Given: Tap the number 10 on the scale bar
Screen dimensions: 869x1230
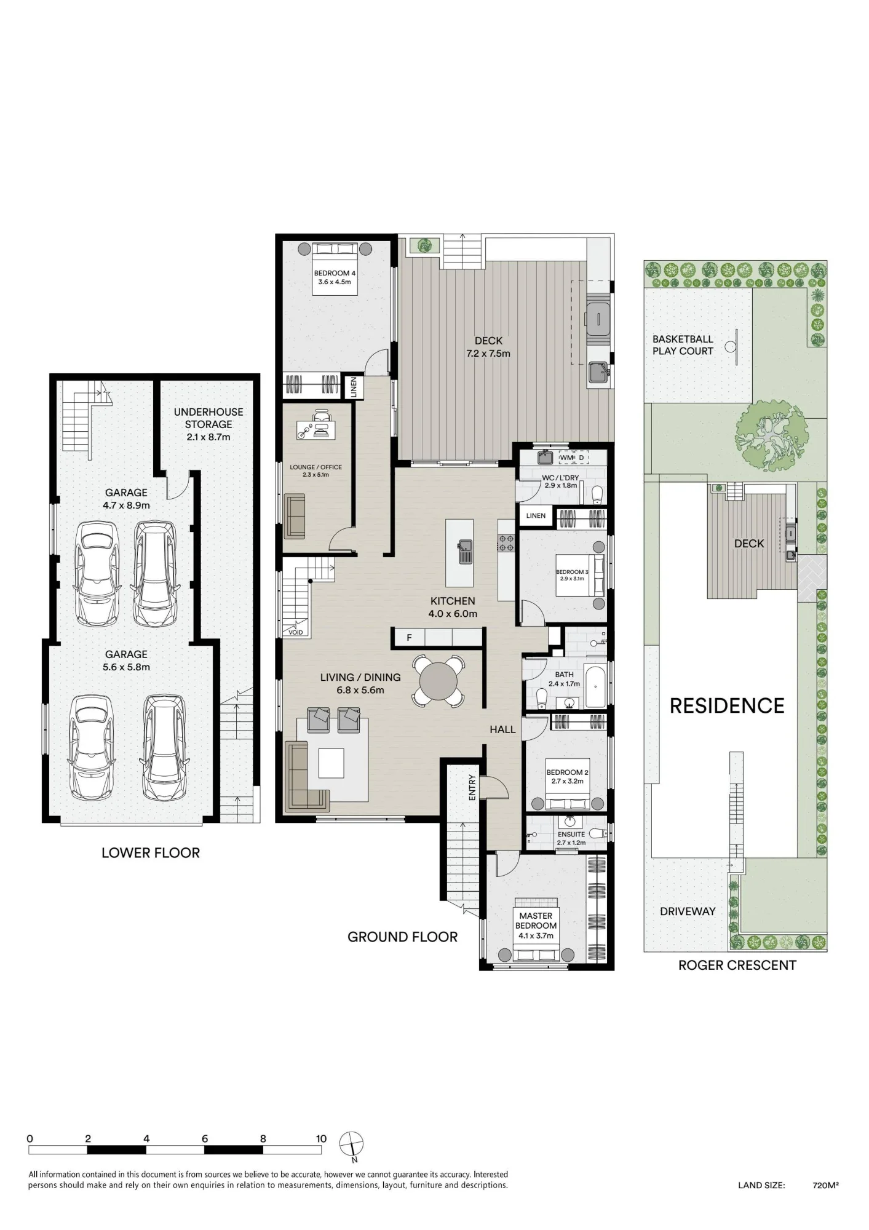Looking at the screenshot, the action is tap(321, 1138).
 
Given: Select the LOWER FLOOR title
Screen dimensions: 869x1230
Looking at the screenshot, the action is tap(151, 853).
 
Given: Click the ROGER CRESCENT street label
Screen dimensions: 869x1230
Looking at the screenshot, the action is tap(737, 966).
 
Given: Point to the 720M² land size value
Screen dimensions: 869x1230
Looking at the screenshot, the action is tap(826, 1185).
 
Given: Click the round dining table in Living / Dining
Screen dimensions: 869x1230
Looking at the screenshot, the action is tap(438, 681).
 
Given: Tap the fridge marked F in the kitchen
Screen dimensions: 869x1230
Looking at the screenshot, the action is tap(409, 638).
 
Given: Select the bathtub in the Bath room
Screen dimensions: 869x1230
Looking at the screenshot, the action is tap(595, 686).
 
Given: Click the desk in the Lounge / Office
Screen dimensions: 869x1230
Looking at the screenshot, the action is tap(316, 430).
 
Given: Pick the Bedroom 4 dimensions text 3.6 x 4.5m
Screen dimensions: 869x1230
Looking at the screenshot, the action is tap(335, 282).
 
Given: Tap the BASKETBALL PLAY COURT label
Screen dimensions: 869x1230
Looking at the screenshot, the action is tap(683, 345).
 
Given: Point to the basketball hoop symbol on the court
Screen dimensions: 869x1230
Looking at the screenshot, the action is tap(731, 346).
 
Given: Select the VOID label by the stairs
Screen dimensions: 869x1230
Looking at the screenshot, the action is tap(296, 632).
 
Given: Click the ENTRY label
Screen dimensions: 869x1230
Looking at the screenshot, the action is tap(472, 787).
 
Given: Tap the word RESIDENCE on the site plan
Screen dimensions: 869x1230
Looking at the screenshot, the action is tap(727, 706).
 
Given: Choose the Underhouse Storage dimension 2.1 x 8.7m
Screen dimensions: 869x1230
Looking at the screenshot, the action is tap(208, 437).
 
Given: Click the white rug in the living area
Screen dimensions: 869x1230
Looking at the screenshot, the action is tap(331, 763).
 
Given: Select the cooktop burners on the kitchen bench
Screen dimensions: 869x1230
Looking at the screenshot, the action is tap(506, 542).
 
